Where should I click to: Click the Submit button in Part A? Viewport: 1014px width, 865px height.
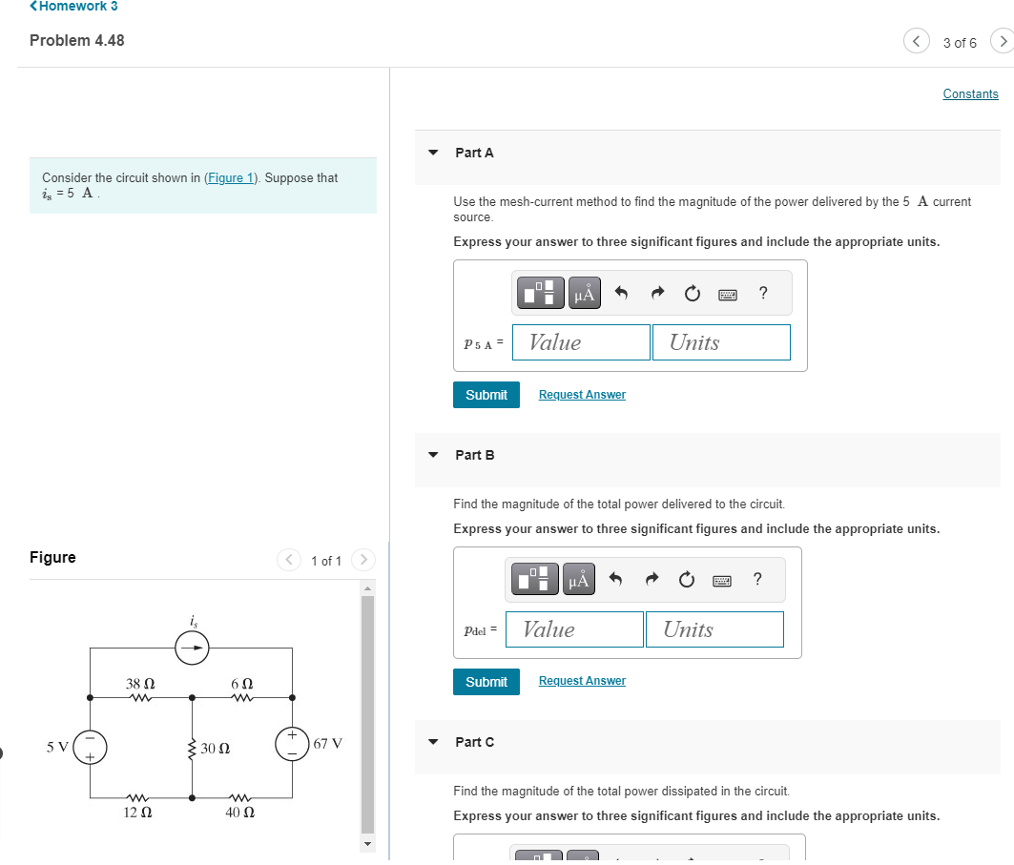[486, 395]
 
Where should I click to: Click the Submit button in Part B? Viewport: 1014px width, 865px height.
[486, 682]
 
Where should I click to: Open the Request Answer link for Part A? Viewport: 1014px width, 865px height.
[582, 395]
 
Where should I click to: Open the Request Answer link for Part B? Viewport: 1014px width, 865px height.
[582, 681]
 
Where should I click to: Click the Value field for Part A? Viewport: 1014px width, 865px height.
[581, 342]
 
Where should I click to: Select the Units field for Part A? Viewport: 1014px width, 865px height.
[721, 342]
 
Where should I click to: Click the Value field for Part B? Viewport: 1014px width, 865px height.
[574, 629]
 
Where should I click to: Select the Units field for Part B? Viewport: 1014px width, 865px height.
[714, 629]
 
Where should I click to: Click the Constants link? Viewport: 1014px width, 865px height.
[970, 93]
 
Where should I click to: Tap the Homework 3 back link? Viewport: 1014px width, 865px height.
[73, 6]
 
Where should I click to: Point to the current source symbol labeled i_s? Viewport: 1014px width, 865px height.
[193, 649]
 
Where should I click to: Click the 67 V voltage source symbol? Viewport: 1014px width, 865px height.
[292, 743]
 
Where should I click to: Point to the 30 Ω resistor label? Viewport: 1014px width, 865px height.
[216, 749]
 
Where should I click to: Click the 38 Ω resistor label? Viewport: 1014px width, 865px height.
[140, 684]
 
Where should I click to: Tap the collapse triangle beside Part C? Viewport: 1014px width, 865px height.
[434, 742]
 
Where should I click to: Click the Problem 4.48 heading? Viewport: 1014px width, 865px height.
[77, 40]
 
